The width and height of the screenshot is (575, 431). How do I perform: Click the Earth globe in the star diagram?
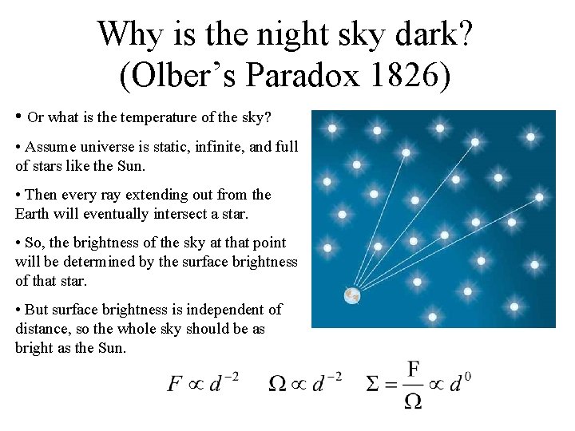pos(352,296)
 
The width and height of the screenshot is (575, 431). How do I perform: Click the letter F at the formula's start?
pos(175,384)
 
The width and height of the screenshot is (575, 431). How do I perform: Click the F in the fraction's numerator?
pos(413,369)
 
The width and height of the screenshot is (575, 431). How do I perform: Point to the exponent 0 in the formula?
pos(466,376)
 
